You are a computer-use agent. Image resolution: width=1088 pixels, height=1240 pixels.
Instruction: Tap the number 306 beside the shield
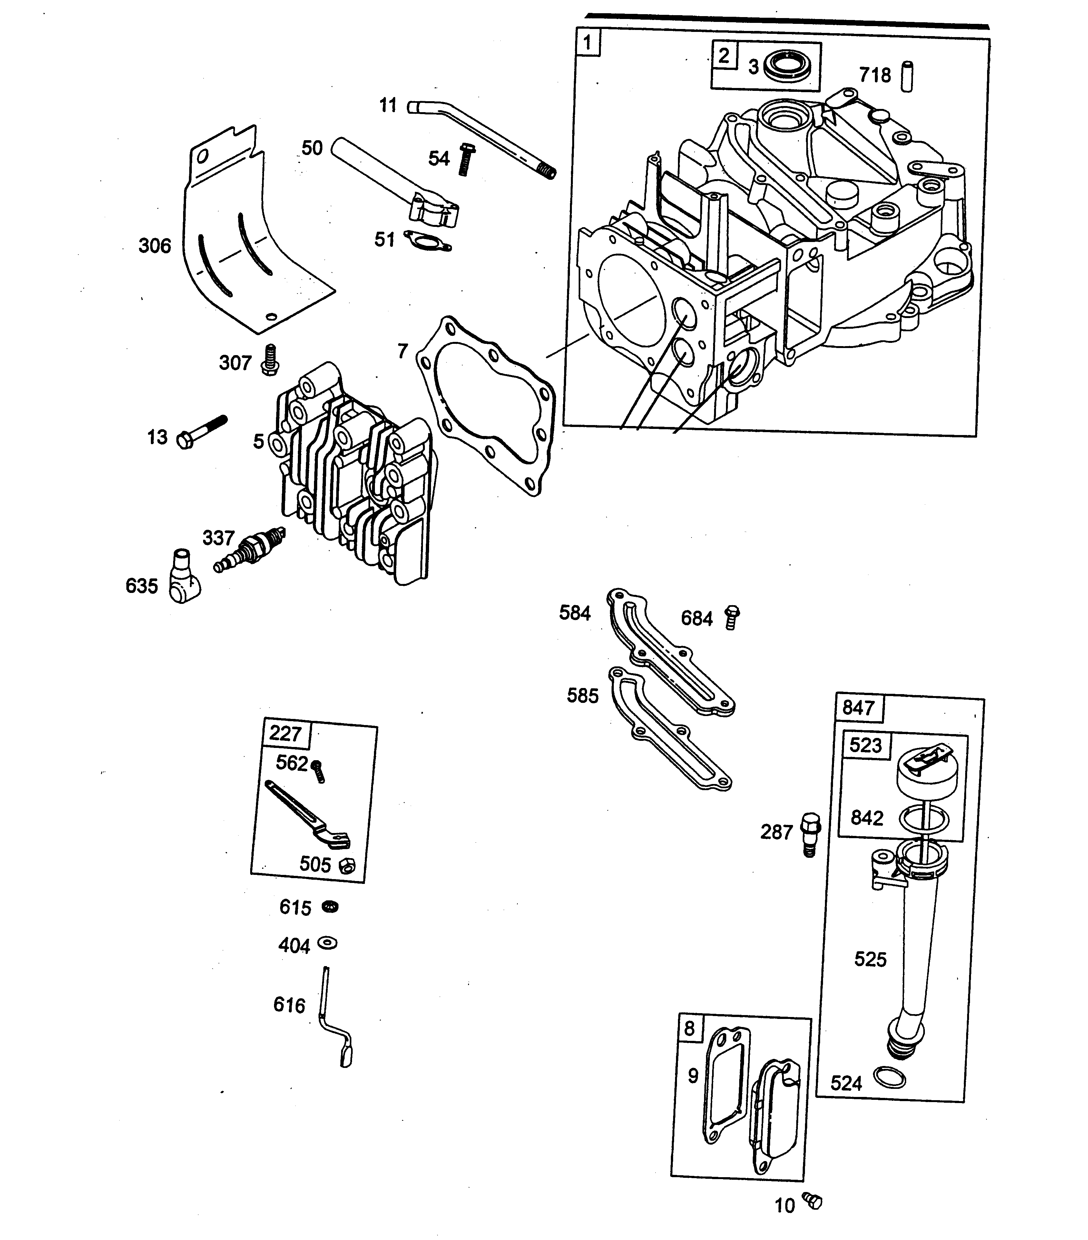tap(155, 246)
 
